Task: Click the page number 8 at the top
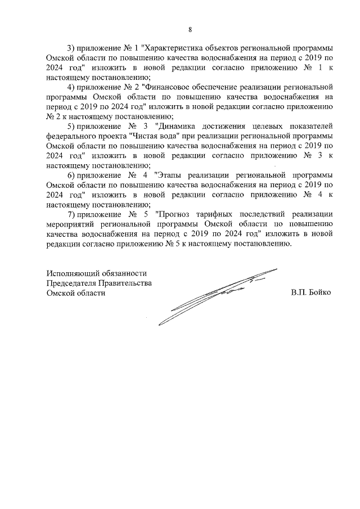pyautogui.click(x=190, y=29)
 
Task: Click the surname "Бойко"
pyautogui.click(x=319, y=292)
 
